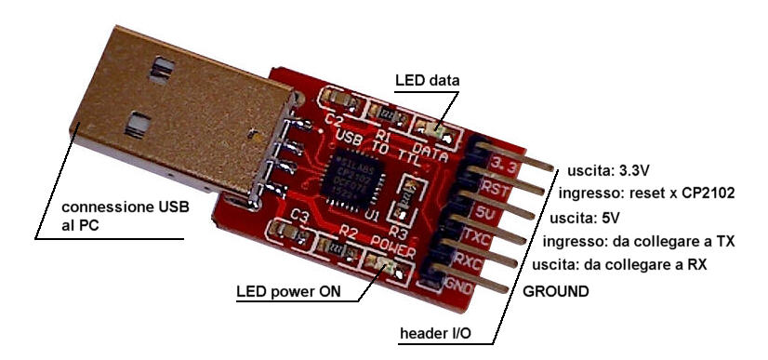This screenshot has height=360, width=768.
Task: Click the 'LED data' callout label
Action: (x=427, y=81)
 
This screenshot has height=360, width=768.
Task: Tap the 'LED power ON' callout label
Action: (x=286, y=292)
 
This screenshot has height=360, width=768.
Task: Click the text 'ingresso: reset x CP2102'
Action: (x=647, y=194)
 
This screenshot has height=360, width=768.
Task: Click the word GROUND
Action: (x=556, y=291)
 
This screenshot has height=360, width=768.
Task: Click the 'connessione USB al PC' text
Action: (x=125, y=215)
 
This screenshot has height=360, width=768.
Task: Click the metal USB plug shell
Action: (x=177, y=112)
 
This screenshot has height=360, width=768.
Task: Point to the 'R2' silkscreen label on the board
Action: (x=348, y=230)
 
